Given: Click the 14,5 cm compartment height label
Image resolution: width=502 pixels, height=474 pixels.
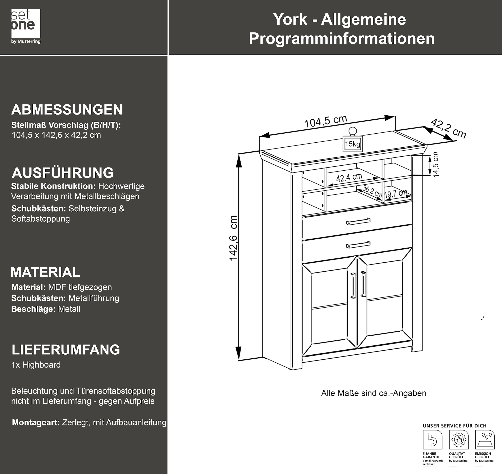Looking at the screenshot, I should pyautogui.click(x=435, y=165).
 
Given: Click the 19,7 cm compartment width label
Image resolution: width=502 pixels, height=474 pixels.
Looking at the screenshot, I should pyautogui.click(x=396, y=194).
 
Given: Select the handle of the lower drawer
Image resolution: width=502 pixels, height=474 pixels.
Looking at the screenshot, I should pyautogui.click(x=358, y=244).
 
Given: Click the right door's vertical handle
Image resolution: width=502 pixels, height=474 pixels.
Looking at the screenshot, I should pyautogui.click(x=363, y=284).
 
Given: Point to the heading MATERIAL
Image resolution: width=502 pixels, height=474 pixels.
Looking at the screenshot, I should pyautogui.click(x=46, y=272).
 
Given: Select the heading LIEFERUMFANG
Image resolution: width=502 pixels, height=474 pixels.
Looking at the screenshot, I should pyautogui.click(x=66, y=350).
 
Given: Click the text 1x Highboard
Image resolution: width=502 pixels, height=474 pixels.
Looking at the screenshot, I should pyautogui.click(x=36, y=365).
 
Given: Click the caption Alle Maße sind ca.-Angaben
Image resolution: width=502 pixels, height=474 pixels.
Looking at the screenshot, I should pyautogui.click(x=374, y=393).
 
